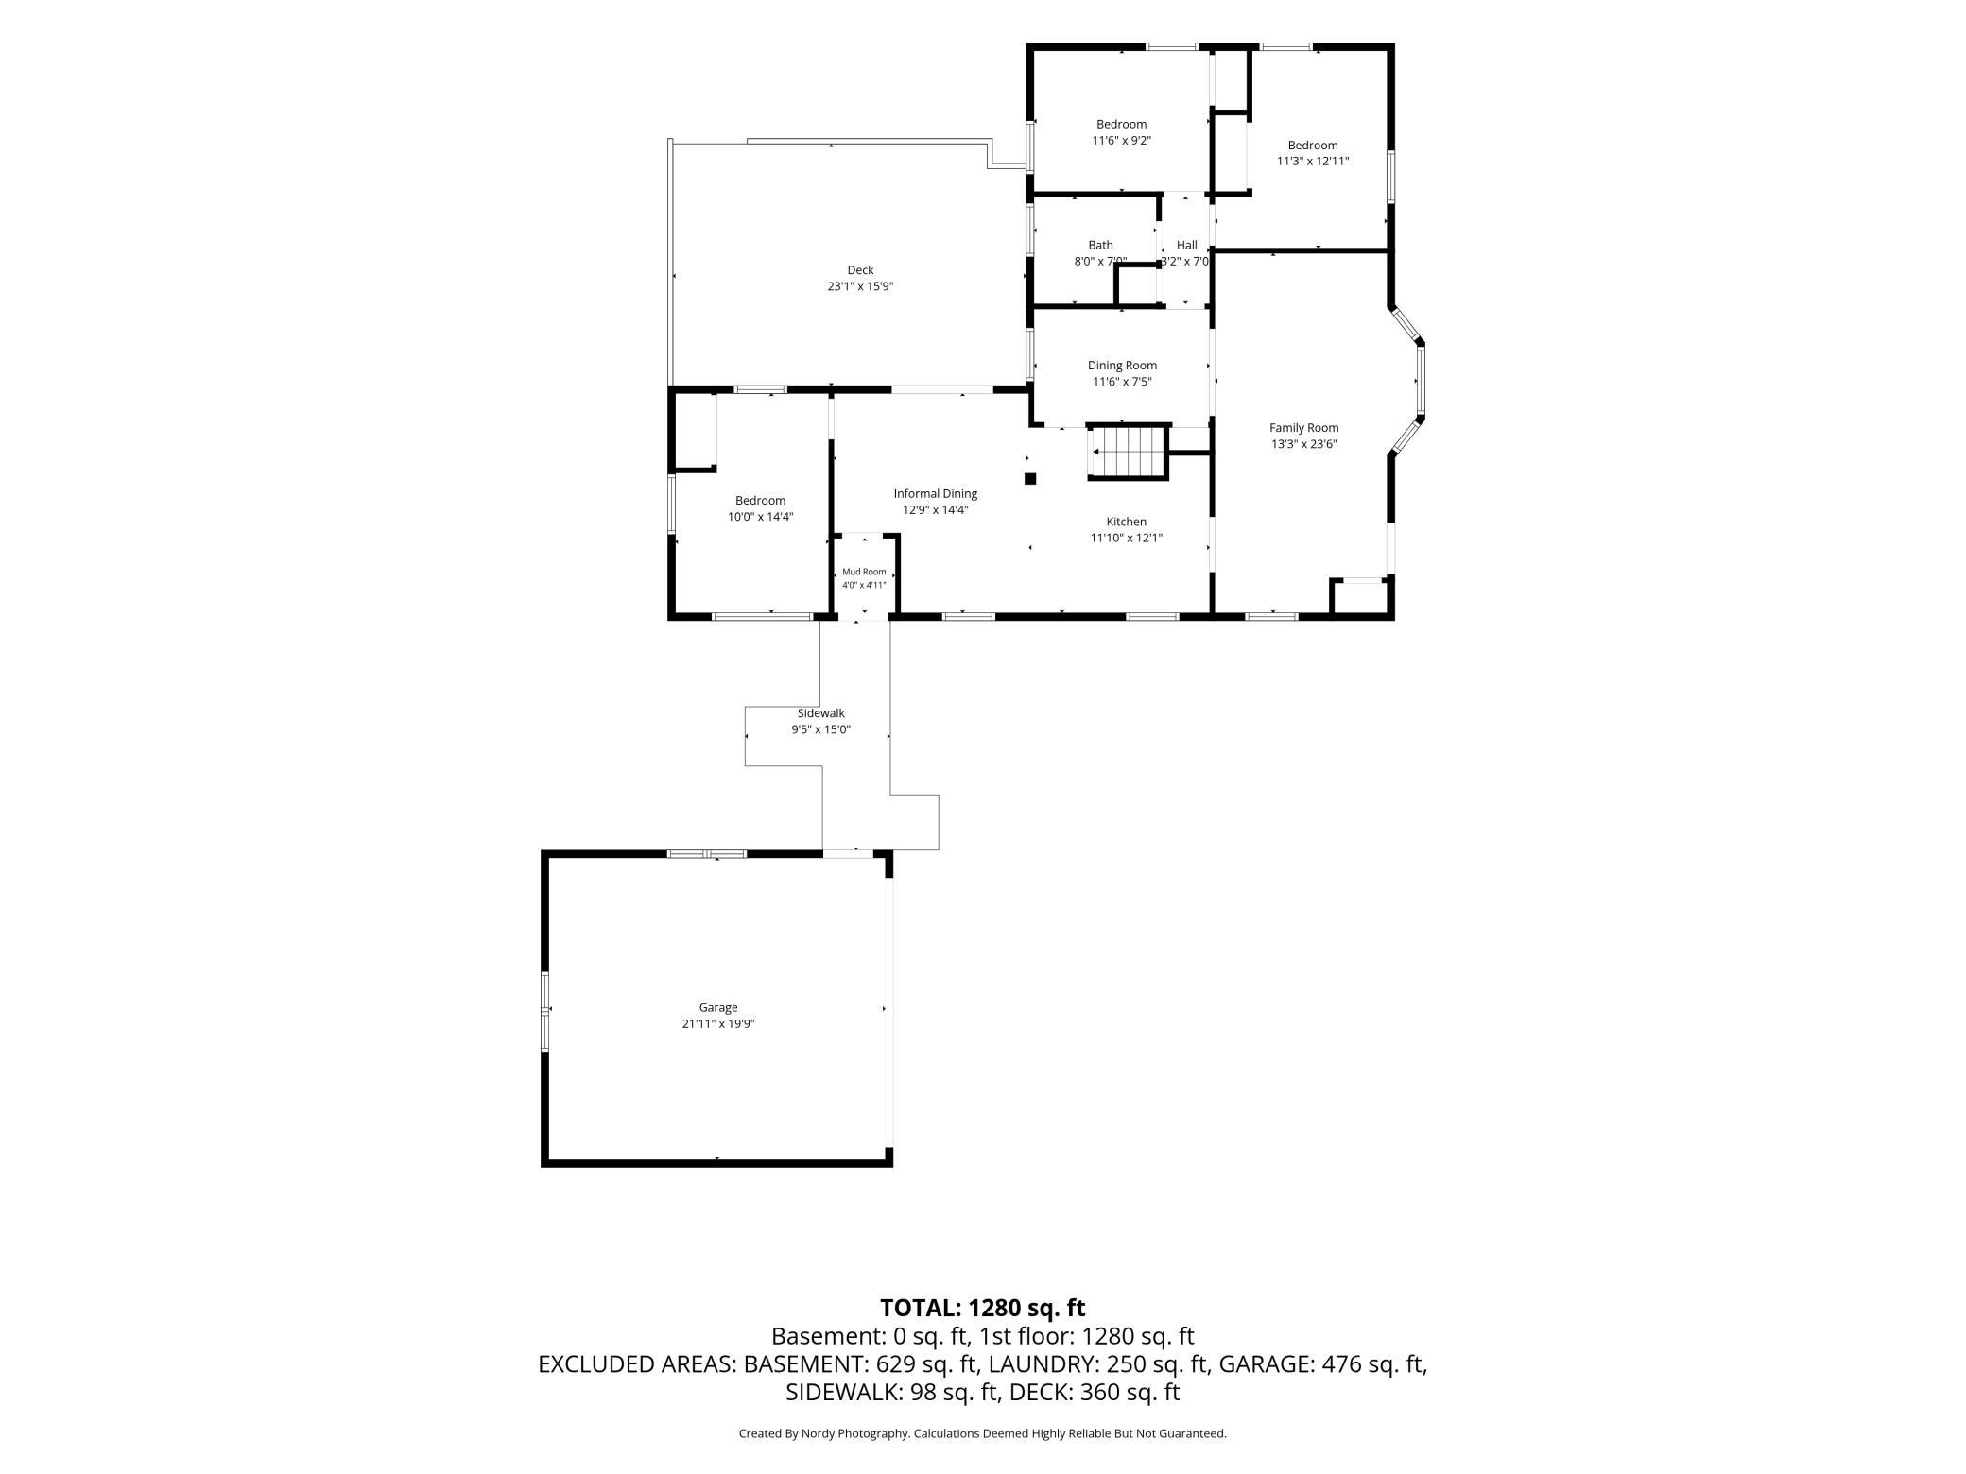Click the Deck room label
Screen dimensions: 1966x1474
(860, 270)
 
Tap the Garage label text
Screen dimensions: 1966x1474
(718, 1007)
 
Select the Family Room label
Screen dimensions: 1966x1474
(1304, 428)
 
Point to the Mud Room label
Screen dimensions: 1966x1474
(865, 572)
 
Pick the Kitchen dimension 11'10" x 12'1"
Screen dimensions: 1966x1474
(1127, 539)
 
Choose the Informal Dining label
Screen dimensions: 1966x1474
(936, 494)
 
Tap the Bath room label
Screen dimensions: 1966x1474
(1100, 246)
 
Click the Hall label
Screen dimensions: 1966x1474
(1187, 246)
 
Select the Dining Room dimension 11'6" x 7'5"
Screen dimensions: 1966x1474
(1122, 382)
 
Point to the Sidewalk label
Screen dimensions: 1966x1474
(821, 713)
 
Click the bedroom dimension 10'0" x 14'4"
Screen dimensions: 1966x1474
(760, 517)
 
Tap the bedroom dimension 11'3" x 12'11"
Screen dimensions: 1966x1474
(1313, 162)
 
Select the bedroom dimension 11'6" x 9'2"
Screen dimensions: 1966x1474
(1122, 141)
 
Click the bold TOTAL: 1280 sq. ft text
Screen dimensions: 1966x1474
(983, 1308)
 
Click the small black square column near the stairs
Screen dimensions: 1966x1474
(1030, 478)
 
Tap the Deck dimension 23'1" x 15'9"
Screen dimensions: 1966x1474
(860, 286)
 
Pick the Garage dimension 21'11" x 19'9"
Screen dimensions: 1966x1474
(718, 1023)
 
